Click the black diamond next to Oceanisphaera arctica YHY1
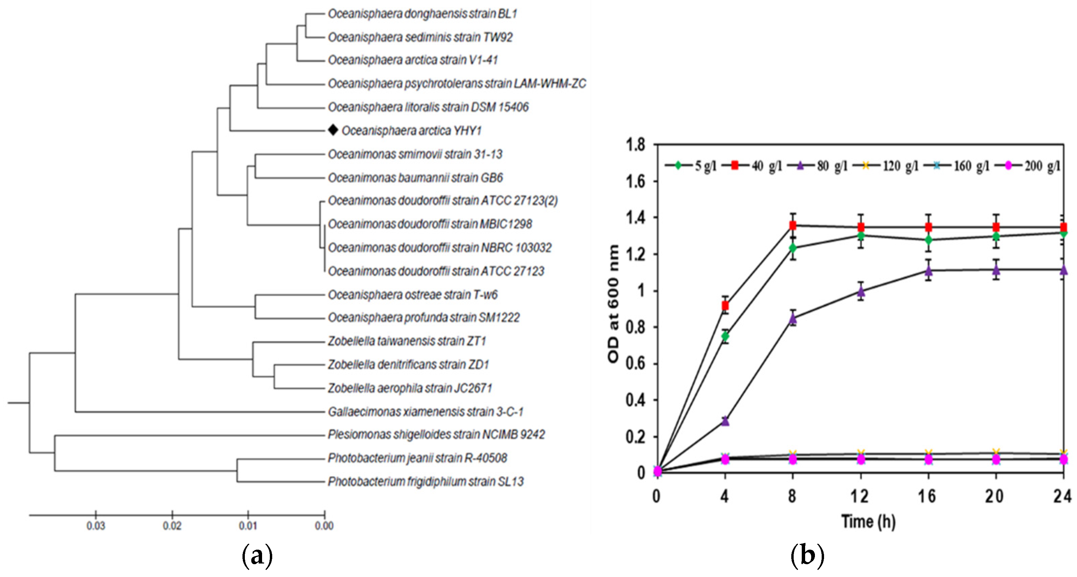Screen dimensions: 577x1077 point(333,130)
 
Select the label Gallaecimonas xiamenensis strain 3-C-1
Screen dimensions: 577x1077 point(425,412)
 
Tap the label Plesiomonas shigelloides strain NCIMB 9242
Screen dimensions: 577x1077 point(436,435)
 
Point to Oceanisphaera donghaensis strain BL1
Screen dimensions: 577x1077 point(422,14)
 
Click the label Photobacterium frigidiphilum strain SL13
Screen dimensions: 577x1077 point(425,482)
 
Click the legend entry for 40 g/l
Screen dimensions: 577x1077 point(758,166)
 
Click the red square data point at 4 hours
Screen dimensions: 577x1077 point(725,306)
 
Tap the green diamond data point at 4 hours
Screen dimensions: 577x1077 point(725,336)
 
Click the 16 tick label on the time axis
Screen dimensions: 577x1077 point(927,496)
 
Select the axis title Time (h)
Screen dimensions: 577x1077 point(868,521)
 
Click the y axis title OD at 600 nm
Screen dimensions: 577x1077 point(613,304)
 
